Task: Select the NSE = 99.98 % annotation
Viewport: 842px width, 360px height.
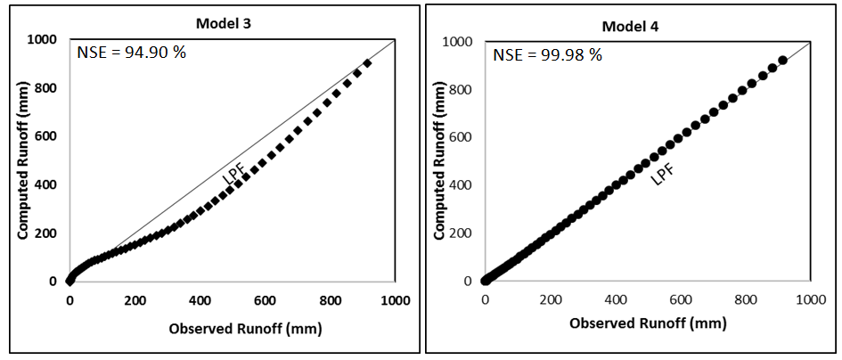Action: [548, 55]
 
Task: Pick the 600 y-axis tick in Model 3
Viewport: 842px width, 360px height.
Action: [49, 136]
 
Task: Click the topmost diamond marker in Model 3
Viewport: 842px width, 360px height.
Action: [367, 63]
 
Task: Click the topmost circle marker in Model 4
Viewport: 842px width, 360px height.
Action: [782, 61]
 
